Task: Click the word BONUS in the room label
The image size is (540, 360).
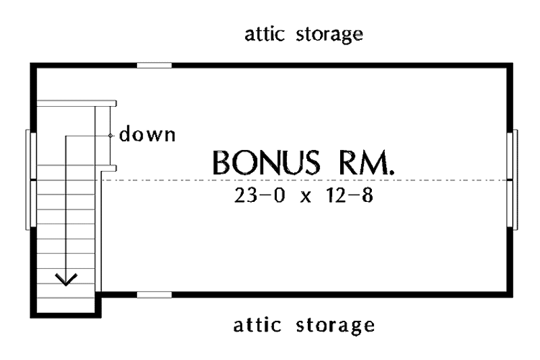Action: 266,162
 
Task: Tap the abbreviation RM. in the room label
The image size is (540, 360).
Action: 367,162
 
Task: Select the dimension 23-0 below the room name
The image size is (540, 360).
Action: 260,195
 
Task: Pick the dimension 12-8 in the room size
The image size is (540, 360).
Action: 349,195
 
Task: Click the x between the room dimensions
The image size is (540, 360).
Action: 306,197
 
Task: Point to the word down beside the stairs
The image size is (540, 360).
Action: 147,134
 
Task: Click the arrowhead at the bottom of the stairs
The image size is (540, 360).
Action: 66,280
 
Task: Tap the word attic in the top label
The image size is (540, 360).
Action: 265,34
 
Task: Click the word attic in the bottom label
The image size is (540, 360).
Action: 257,325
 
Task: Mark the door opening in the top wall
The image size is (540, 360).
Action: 155,66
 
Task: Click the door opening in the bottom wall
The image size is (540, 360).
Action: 155,294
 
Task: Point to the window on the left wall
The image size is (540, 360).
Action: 31,180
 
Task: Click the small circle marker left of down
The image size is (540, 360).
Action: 111,136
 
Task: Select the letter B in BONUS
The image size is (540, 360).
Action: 221,162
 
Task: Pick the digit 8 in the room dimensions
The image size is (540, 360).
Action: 368,195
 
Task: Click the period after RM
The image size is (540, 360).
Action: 391,172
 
